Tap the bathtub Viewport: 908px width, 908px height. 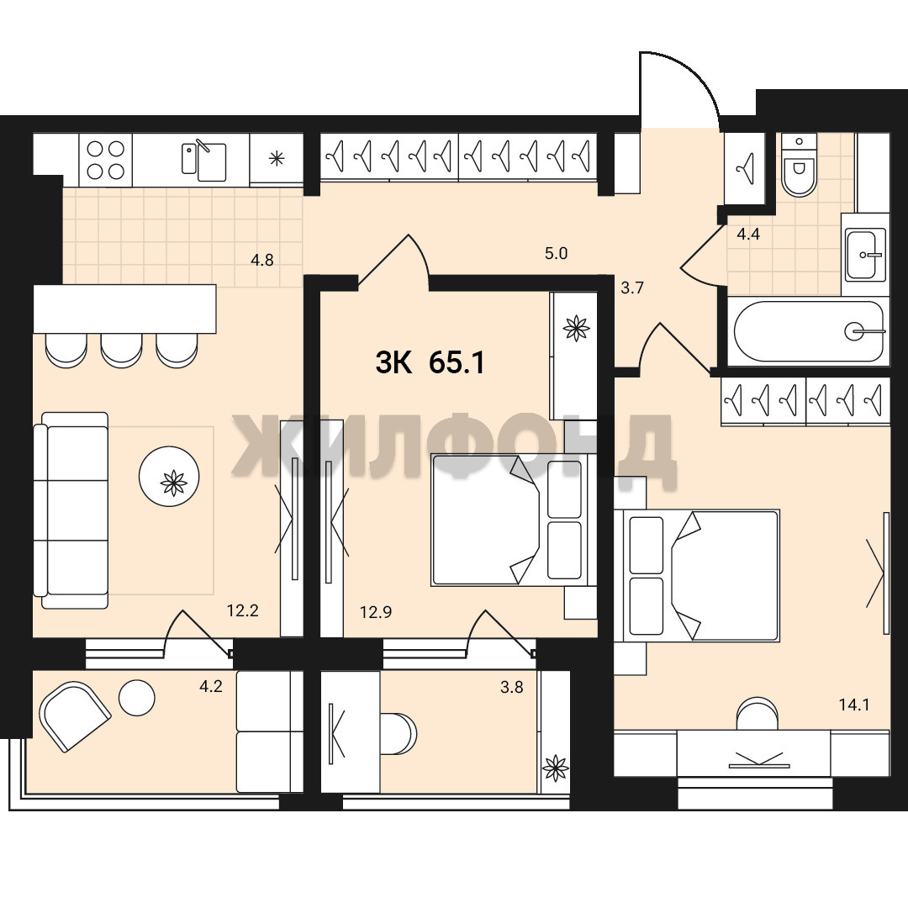809,331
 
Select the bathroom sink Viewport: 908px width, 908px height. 865,254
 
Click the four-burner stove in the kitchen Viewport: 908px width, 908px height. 105,160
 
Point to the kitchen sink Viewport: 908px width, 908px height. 203,160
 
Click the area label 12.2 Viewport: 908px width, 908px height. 243,610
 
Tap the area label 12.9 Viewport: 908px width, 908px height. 376,612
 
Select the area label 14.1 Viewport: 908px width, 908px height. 854,705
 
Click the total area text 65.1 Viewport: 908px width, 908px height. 457,363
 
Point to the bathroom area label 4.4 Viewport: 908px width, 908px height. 748,234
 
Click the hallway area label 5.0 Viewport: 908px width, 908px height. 556,253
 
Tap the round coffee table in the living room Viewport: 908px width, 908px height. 169,477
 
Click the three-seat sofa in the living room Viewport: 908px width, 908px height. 71,510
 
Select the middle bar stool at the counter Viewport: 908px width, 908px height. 121,351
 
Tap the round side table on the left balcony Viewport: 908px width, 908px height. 137,697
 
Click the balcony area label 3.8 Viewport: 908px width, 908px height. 512,687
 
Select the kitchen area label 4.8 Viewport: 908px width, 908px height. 261,260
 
